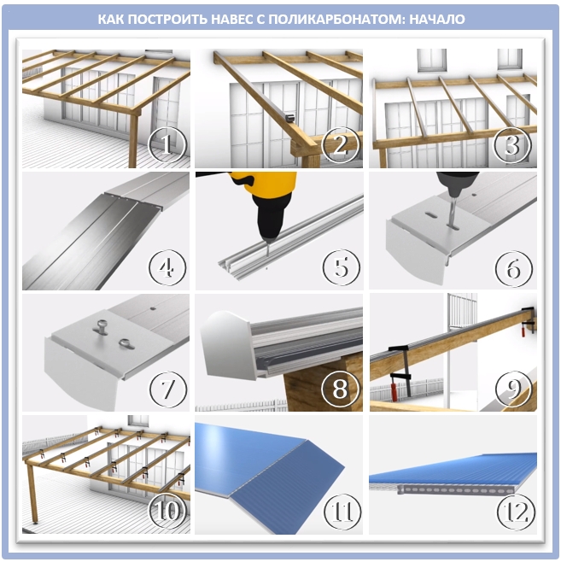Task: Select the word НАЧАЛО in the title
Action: [x=436, y=19]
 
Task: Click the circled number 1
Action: [x=167, y=145]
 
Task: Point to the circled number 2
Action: [x=341, y=145]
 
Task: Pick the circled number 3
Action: [x=512, y=145]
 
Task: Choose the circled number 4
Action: [x=167, y=267]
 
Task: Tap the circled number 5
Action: [x=341, y=267]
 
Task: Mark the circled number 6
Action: [x=513, y=269]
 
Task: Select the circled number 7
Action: [x=168, y=389]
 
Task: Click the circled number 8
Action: [x=340, y=389]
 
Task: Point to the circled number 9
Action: [x=513, y=389]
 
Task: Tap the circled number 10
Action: [x=168, y=511]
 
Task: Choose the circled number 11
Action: [x=342, y=512]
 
